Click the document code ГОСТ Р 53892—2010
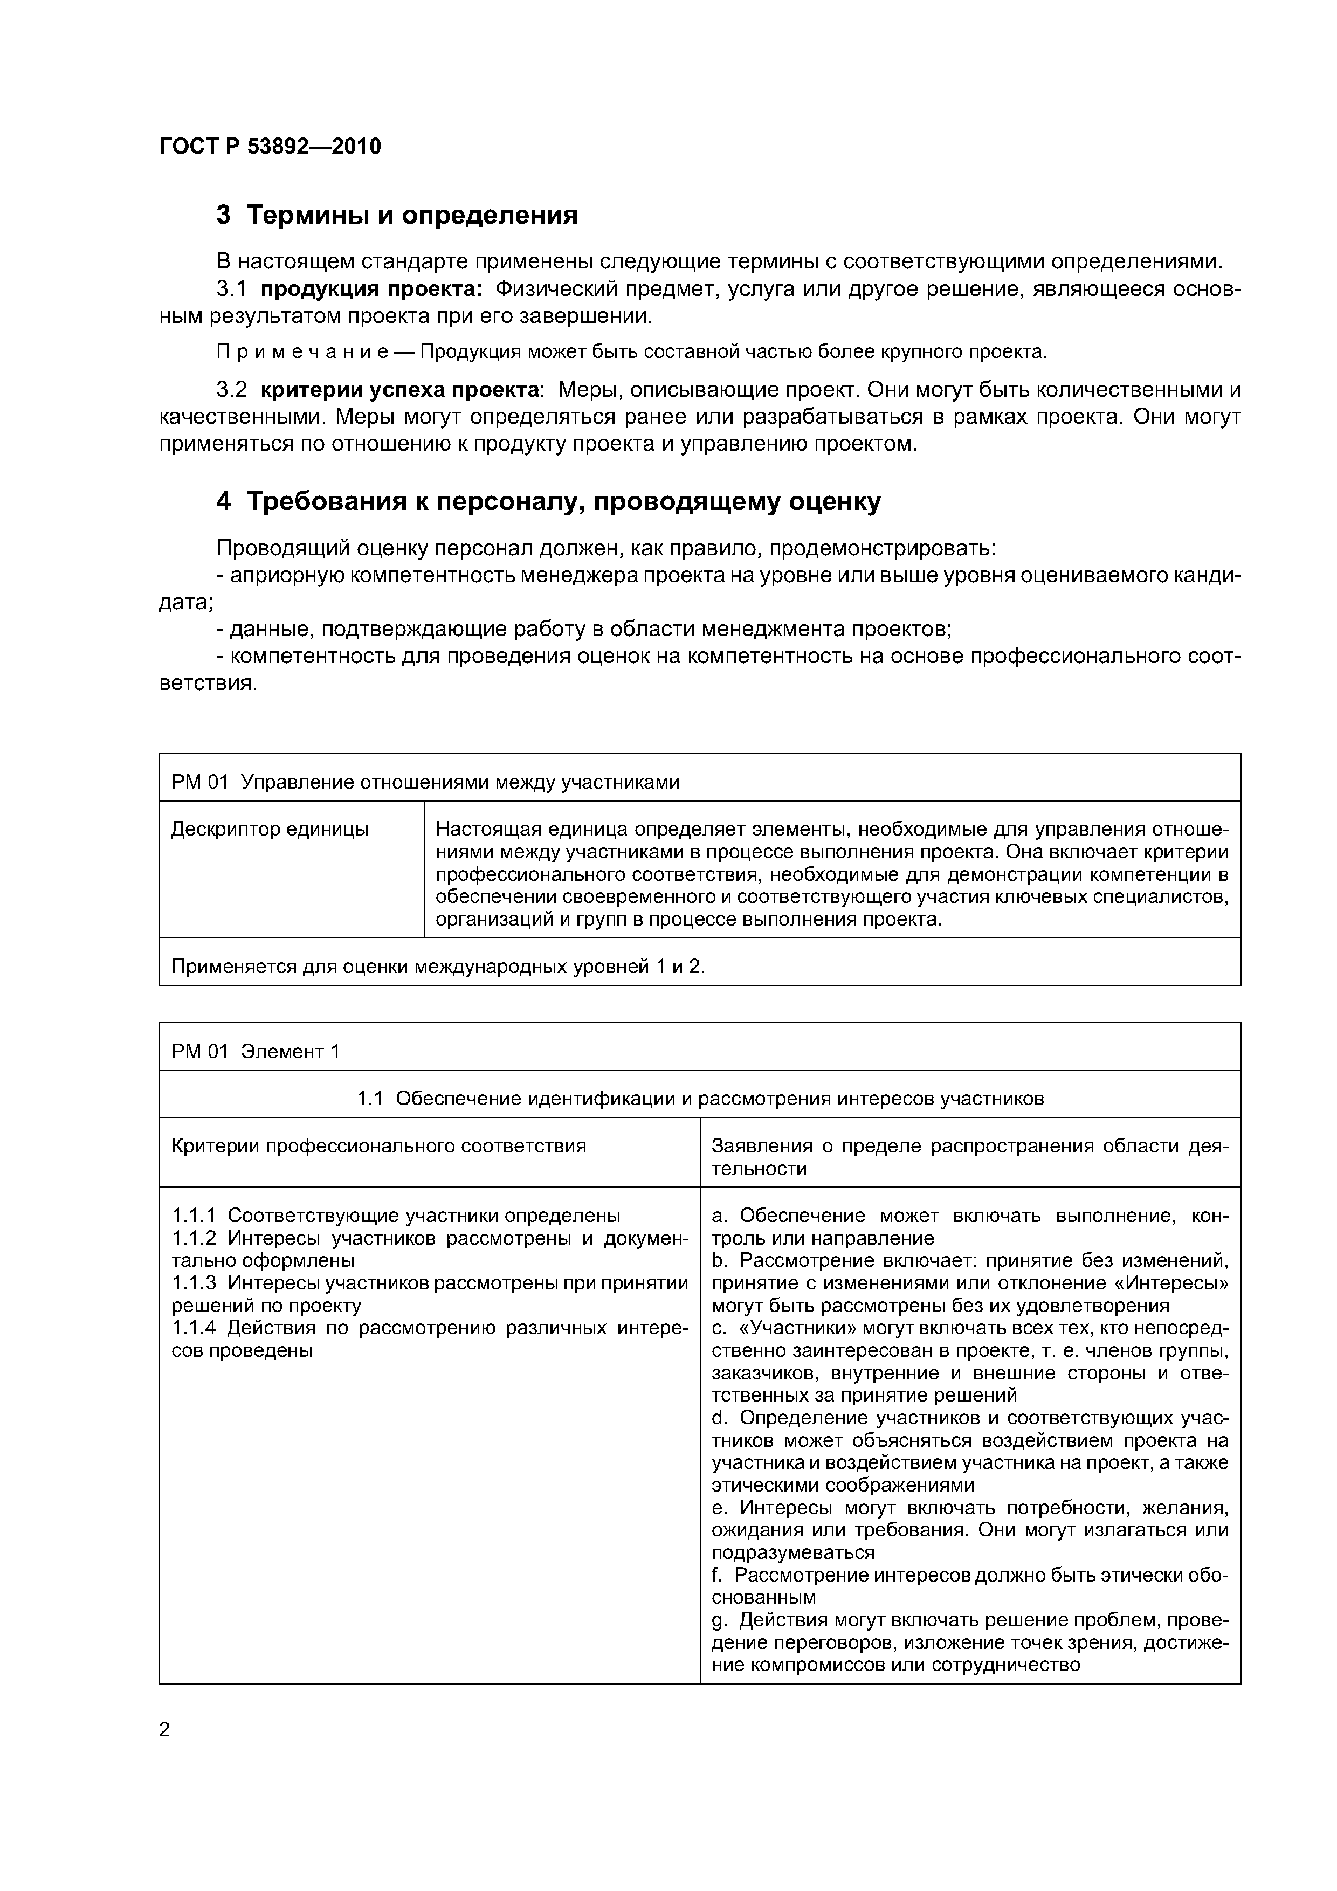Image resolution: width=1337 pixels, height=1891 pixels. click(270, 147)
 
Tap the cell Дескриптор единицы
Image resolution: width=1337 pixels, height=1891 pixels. click(270, 830)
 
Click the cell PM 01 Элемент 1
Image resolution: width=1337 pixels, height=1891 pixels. click(256, 1052)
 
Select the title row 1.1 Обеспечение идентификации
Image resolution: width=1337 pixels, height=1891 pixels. click(699, 1099)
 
